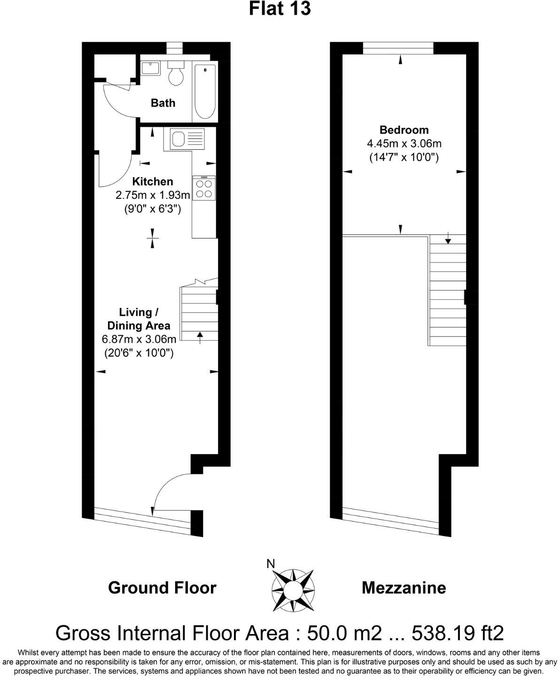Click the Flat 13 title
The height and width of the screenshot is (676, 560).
pos(280,9)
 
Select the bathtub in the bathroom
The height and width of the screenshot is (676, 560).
pos(205,92)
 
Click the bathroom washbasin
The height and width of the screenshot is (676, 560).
pos(150,69)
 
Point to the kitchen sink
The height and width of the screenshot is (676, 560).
pos(179,139)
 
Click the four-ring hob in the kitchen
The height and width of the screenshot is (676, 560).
pos(204,189)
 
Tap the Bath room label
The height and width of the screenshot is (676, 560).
pos(163,103)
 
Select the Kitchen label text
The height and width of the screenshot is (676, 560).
pos(152,181)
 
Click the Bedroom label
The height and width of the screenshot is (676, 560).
pos(404,130)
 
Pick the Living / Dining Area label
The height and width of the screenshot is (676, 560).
pos(139,319)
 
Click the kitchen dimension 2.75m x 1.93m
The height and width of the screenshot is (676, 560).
pos(152,195)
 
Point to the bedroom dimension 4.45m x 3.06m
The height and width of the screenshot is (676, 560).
pos(404,144)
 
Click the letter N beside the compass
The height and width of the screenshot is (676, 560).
pos(271,564)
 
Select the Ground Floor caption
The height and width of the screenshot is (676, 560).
pos(162,588)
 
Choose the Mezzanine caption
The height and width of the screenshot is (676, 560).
pos(404,588)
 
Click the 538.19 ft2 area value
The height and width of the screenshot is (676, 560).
pos(458,633)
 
